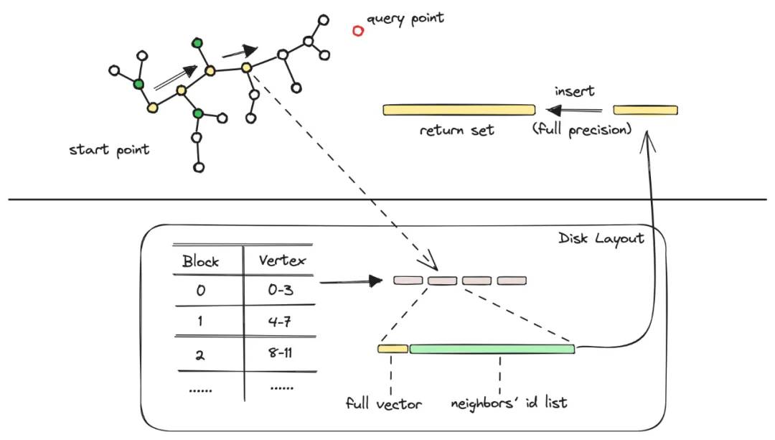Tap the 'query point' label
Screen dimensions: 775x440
click(405, 19)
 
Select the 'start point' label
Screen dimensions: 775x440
click(109, 150)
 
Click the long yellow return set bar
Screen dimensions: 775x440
click(459, 110)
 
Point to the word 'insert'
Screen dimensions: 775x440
click(574, 91)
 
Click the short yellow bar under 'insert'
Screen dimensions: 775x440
click(645, 110)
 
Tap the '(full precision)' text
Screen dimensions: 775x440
click(582, 129)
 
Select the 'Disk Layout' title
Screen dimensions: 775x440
click(601, 239)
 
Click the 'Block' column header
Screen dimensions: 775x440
click(200, 261)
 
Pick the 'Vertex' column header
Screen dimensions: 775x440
click(282, 261)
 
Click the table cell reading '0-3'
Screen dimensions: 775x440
click(281, 290)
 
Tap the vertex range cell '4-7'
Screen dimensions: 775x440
click(280, 322)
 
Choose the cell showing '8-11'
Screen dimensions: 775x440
click(281, 353)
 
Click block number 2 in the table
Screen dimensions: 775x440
click(199, 355)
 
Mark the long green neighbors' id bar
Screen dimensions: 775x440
click(492, 349)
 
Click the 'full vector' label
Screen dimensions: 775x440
click(383, 404)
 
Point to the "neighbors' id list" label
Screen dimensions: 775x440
click(509, 403)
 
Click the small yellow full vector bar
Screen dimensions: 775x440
click(393, 349)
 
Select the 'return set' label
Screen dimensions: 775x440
click(456, 130)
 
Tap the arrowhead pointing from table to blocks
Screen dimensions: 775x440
click(376, 281)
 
